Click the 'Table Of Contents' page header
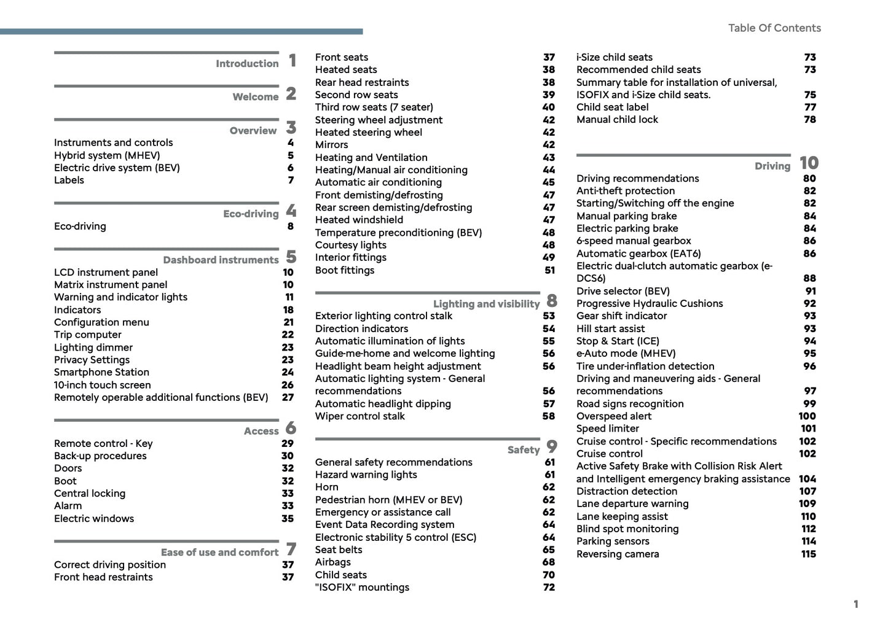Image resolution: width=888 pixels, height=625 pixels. pos(774,28)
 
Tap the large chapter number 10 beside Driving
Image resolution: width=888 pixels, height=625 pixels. pos(809,163)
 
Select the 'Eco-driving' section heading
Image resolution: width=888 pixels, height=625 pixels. pos(251,214)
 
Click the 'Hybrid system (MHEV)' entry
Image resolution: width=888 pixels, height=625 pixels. pos(107,155)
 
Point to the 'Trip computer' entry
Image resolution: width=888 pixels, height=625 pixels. pos(88,335)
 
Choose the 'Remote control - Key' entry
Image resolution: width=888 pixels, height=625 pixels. pos(103,443)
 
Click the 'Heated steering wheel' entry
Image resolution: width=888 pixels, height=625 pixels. pos(369,132)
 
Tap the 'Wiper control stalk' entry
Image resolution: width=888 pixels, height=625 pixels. pos(360,416)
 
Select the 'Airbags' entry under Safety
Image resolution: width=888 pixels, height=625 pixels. pos(333,562)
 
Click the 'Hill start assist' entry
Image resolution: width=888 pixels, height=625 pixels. pos(610,328)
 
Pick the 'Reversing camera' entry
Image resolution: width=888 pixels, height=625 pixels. pos(618,554)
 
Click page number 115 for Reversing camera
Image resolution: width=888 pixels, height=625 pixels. pos(808,554)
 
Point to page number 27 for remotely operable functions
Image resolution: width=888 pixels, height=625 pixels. pos(288,397)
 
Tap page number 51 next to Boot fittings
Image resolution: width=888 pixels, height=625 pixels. pos(549,270)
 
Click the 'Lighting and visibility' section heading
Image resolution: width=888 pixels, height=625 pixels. pos(486,304)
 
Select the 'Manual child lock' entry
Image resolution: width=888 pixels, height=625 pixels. pos(617,120)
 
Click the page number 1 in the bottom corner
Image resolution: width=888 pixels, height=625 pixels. pos(855,604)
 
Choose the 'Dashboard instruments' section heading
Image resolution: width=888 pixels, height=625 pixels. pos(221,260)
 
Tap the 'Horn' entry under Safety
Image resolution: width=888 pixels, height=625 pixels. pos(327,487)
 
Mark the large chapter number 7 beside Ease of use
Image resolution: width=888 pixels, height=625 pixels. pos(291,549)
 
